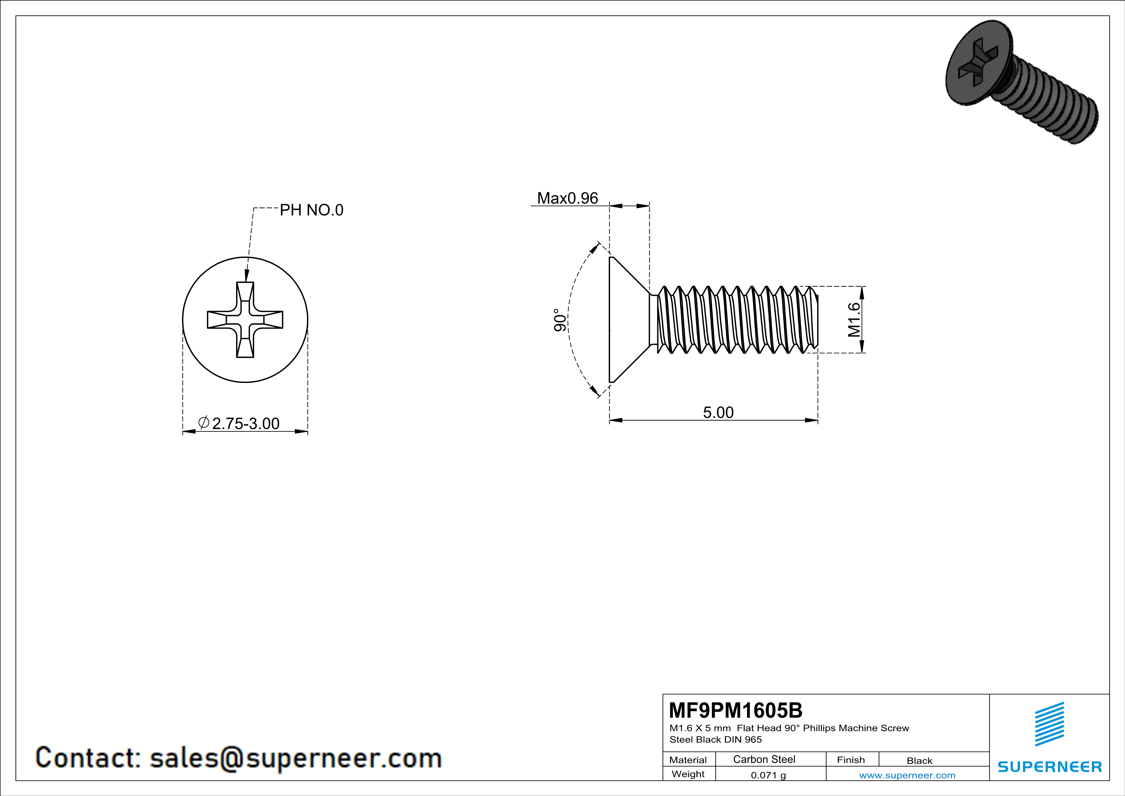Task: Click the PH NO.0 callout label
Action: pyautogui.click(x=311, y=210)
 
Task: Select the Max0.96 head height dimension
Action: pyautogui.click(x=567, y=198)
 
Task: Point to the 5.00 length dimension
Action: pyautogui.click(x=718, y=412)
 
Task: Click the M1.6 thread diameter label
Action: pyautogui.click(x=854, y=320)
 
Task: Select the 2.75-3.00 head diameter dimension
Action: pyautogui.click(x=245, y=423)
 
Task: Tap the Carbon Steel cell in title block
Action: pyautogui.click(x=764, y=759)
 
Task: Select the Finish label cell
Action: pyautogui.click(x=851, y=760)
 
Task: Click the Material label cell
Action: pyautogui.click(x=688, y=760)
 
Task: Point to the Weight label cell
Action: pyautogui.click(x=688, y=774)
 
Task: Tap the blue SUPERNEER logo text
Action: pyautogui.click(x=1050, y=766)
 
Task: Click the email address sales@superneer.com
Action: pyautogui.click(x=295, y=757)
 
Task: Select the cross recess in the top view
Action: pyautogui.click(x=245, y=320)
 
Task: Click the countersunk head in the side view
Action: pyautogui.click(x=627, y=320)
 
